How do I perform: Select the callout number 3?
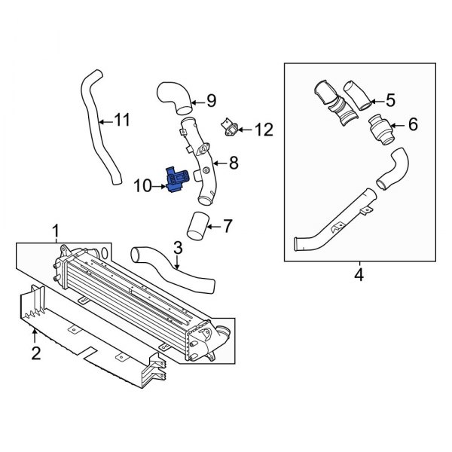click(177, 247)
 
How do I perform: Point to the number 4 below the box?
click(359, 276)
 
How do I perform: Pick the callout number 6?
click(412, 124)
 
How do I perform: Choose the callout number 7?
click(229, 225)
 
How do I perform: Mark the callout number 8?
click(234, 161)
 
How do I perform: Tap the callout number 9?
click(212, 99)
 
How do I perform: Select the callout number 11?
click(121, 119)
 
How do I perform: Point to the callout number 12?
click(262, 130)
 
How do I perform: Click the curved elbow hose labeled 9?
click(174, 96)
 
